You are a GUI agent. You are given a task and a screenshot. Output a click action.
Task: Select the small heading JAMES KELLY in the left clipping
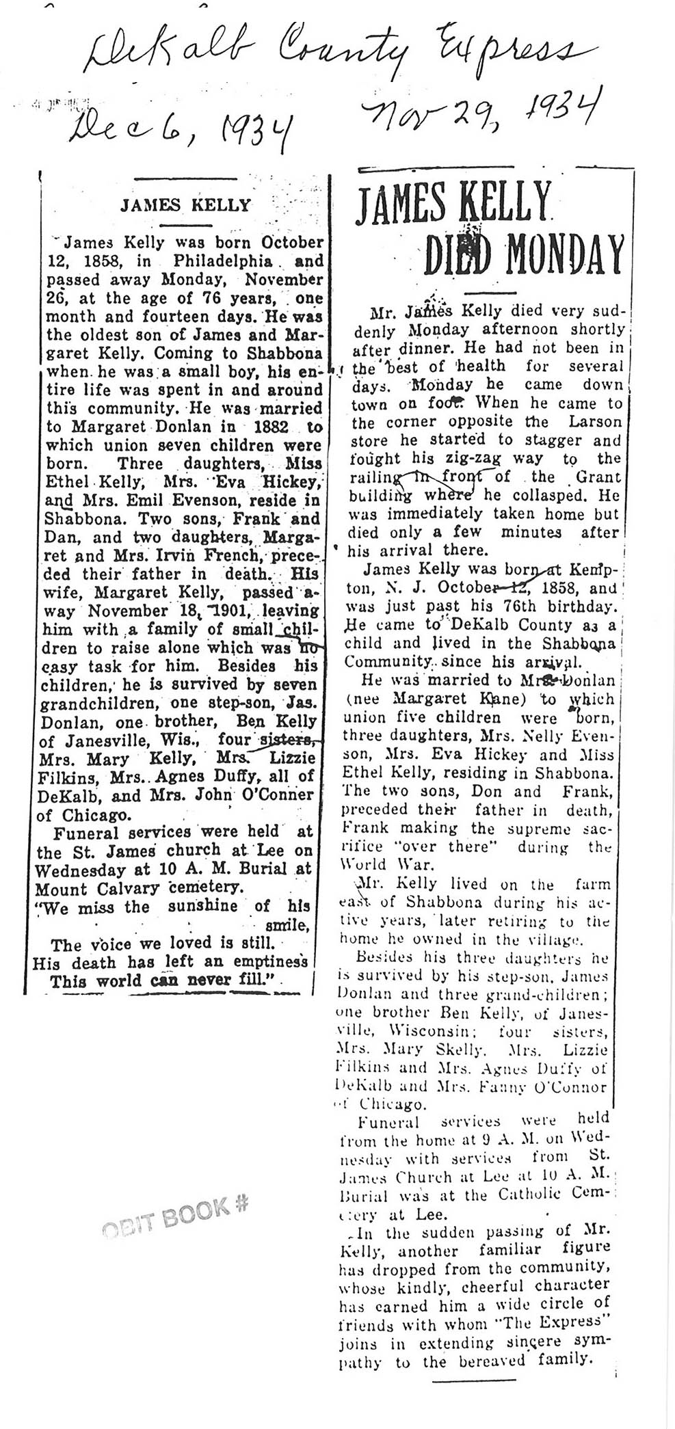coord(185,204)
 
